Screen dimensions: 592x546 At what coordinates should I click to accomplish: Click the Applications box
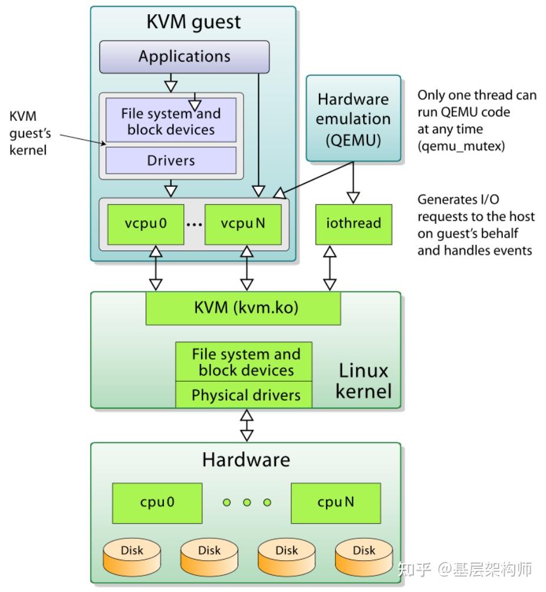click(184, 57)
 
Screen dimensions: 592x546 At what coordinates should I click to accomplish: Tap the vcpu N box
click(242, 224)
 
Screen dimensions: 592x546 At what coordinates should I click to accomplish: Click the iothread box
click(353, 224)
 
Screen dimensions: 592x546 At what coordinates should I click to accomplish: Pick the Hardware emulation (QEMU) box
click(353, 118)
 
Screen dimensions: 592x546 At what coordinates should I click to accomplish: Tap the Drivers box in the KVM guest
click(170, 160)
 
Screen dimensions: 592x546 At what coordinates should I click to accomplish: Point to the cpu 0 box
click(157, 502)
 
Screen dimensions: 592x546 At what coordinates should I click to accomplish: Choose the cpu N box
click(336, 502)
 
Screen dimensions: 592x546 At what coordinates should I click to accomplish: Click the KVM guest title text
click(193, 22)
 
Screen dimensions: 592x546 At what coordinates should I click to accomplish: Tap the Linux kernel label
click(363, 381)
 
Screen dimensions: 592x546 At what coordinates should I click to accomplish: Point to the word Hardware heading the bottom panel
click(246, 459)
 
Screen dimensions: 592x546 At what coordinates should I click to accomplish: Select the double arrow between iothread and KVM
click(330, 268)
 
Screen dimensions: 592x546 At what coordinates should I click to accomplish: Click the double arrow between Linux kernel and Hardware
click(246, 425)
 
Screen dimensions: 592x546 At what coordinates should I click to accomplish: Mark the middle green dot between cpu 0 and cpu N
click(247, 502)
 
